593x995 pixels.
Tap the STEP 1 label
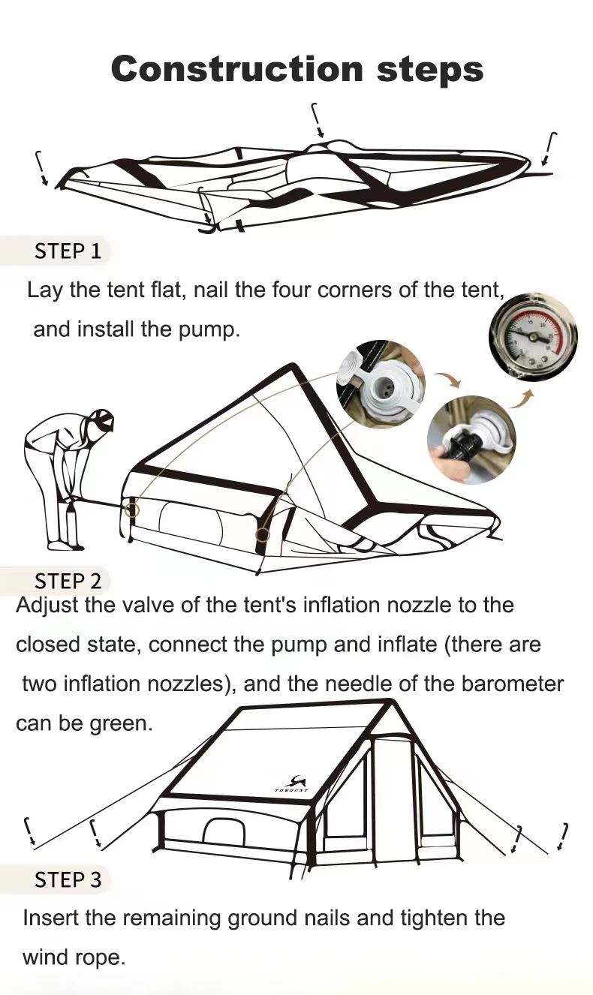68,251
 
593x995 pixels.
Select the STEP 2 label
68,581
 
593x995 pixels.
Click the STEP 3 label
68,879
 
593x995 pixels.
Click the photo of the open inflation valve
378,383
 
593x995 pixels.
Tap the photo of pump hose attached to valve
471,439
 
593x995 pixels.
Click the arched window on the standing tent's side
224,831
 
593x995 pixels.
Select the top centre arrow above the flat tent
318,120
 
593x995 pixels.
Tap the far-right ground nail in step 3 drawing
563,837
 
